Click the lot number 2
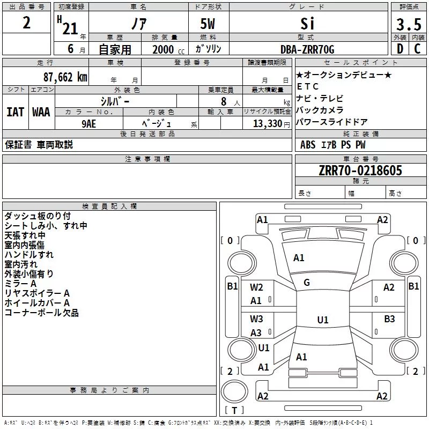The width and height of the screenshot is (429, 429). pyautogui.click(x=26, y=23)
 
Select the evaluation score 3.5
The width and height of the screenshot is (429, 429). pyautogui.click(x=409, y=24)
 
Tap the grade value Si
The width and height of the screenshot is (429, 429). pyautogui.click(x=307, y=24)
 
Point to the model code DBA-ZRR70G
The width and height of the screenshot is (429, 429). pyautogui.click(x=307, y=49)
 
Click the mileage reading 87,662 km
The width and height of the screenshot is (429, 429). pyautogui.click(x=65, y=77)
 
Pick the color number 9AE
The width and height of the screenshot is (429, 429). pyautogui.click(x=88, y=124)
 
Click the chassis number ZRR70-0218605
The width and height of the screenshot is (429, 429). pyautogui.click(x=360, y=171)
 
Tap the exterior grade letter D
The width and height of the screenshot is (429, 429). pyautogui.click(x=400, y=49)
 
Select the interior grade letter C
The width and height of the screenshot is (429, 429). pyautogui.click(x=417, y=49)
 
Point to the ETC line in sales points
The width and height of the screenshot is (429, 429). pyautogui.click(x=307, y=86)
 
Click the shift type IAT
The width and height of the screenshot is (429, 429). pyautogui.click(x=15, y=112)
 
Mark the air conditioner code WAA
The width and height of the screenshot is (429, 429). pyautogui.click(x=41, y=112)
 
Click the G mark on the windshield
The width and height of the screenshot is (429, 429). pyautogui.click(x=307, y=283)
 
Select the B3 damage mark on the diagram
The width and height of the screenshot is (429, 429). pyautogui.click(x=389, y=319)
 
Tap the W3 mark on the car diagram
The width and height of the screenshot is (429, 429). pyautogui.click(x=256, y=319)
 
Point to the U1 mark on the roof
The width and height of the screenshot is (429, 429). pyautogui.click(x=323, y=320)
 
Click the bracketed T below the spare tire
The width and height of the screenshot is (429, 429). pyautogui.click(x=234, y=410)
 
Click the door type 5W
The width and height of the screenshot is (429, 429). pyautogui.click(x=208, y=24)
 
